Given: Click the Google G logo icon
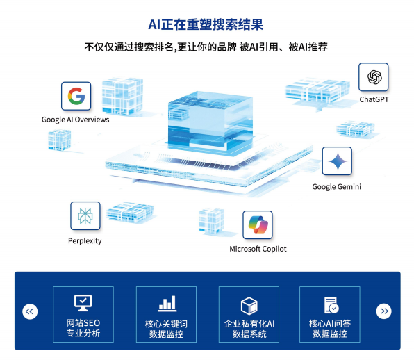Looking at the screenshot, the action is pyautogui.click(x=76, y=96).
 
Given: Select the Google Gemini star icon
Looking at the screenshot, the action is pyautogui.click(x=337, y=161).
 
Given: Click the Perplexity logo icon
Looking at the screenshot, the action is pyautogui.click(x=85, y=215).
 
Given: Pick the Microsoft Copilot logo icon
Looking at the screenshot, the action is pyautogui.click(x=258, y=224).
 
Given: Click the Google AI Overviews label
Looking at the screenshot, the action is pyautogui.click(x=75, y=120).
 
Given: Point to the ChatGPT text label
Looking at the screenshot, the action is pyautogui.click(x=374, y=99).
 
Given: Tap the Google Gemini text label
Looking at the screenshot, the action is pyautogui.click(x=336, y=187).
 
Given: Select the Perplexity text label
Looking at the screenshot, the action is pyautogui.click(x=85, y=241).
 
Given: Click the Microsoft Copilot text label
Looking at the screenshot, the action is pyautogui.click(x=258, y=249).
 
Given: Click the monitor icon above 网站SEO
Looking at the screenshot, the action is pyautogui.click(x=83, y=303).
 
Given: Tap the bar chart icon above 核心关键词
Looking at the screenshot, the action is pyautogui.click(x=167, y=303).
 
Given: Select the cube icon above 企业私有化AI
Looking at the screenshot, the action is pyautogui.click(x=249, y=306).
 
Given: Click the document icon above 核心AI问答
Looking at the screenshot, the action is pyautogui.click(x=331, y=305).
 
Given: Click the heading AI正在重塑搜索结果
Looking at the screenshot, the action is pyautogui.click(x=206, y=24).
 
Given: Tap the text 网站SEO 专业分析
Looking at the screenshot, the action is pyautogui.click(x=83, y=328).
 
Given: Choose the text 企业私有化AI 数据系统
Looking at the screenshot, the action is pyautogui.click(x=249, y=329).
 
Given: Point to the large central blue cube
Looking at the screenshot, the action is pyautogui.click(x=210, y=122).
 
